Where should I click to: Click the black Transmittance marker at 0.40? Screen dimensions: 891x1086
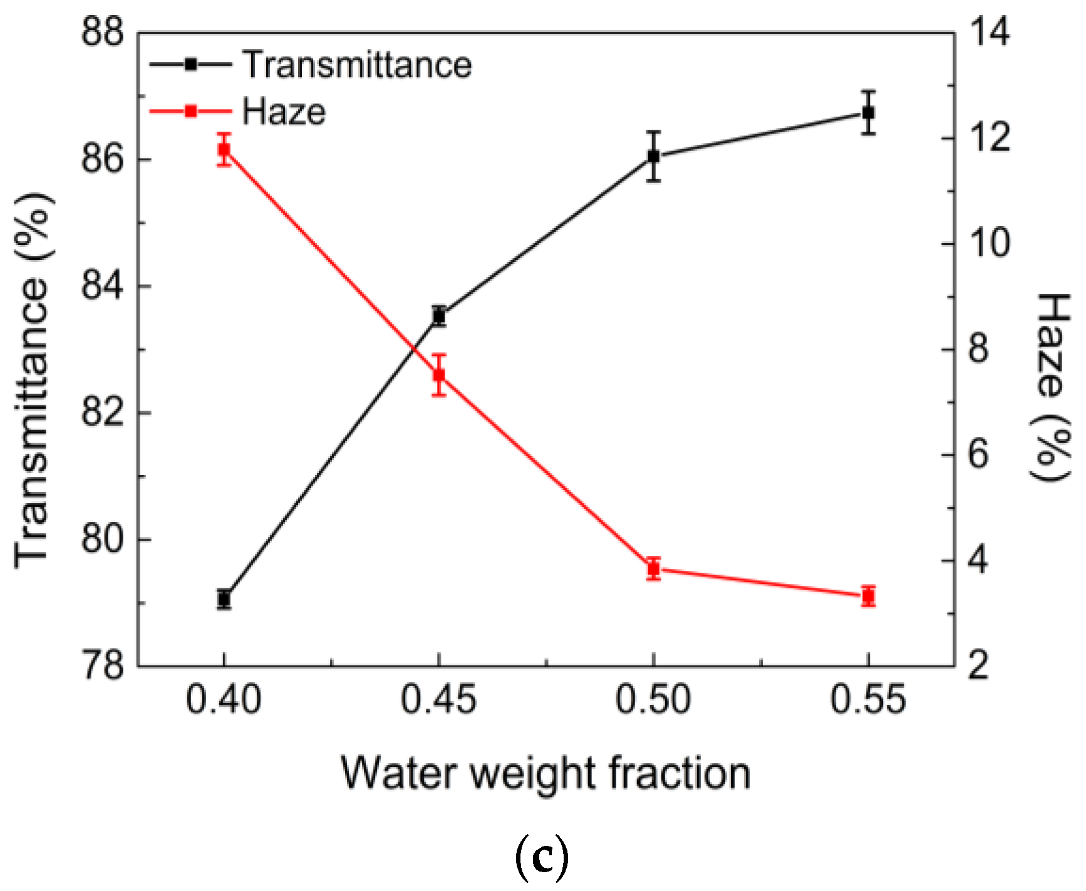click(x=224, y=599)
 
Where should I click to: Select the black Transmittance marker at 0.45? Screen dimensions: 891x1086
click(x=439, y=316)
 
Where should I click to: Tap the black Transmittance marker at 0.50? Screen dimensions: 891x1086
click(x=654, y=157)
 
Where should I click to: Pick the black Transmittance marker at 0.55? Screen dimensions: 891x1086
click(x=868, y=113)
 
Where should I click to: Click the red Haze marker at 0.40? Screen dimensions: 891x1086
click(x=224, y=149)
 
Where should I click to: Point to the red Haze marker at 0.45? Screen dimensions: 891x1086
click(x=439, y=375)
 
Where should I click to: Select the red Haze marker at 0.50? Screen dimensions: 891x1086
click(x=654, y=569)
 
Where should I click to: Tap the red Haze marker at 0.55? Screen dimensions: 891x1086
click(x=868, y=596)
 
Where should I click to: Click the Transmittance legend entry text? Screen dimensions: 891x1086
click(x=357, y=65)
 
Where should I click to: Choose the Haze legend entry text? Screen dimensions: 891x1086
click(x=284, y=112)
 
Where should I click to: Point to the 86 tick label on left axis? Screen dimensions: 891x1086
click(x=103, y=159)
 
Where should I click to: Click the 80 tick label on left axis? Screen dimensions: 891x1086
click(x=103, y=539)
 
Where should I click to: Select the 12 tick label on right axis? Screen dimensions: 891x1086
click(x=989, y=137)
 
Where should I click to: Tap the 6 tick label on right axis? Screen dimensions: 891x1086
click(x=978, y=454)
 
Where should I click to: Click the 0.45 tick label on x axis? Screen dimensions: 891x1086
click(x=438, y=699)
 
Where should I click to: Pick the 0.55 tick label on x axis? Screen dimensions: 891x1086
click(x=868, y=699)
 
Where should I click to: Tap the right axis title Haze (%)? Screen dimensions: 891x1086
click(x=1051, y=387)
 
